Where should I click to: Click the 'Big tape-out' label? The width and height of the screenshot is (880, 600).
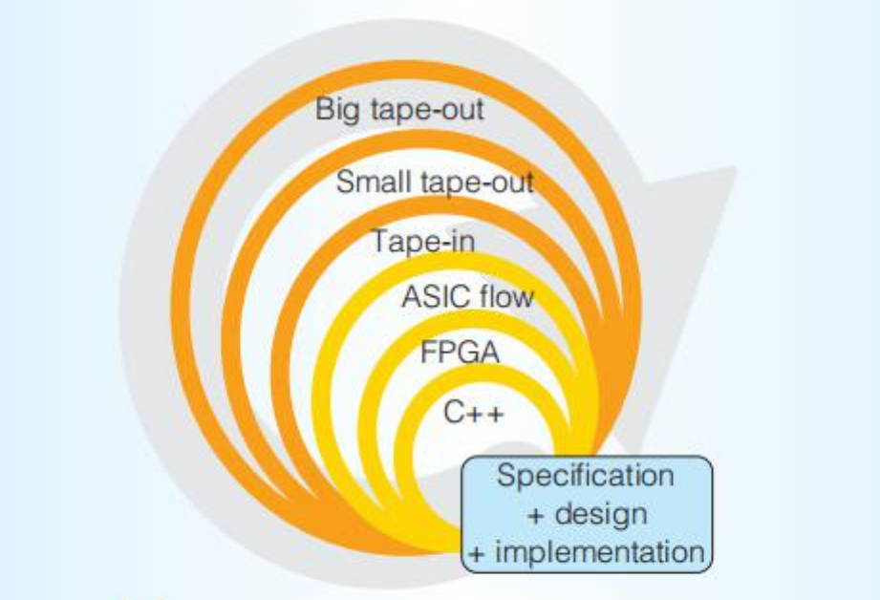399,109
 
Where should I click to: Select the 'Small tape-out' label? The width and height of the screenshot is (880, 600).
435,182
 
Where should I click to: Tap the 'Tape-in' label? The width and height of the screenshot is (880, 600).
423,242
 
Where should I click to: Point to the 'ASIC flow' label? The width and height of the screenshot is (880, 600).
467,296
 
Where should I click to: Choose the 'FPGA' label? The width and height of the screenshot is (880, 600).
460,353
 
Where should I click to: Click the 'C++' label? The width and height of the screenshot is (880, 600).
474,413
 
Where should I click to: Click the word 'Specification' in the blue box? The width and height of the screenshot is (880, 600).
586,477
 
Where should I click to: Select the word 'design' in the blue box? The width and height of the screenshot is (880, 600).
600,514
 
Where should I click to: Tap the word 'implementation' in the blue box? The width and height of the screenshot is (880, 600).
600,551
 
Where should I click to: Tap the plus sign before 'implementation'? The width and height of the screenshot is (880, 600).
477,554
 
